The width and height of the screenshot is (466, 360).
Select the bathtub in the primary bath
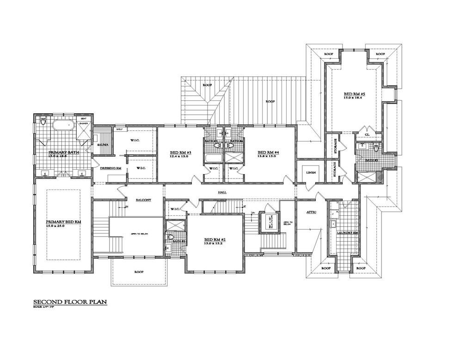point(61,125)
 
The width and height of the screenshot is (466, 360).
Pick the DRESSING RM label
point(110,168)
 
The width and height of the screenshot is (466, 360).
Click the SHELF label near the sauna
point(119,129)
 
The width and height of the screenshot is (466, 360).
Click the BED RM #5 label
point(354,94)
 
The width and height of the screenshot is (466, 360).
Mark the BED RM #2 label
point(215,240)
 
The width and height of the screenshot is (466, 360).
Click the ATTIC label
point(311,212)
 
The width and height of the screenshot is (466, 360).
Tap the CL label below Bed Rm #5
point(367,134)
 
